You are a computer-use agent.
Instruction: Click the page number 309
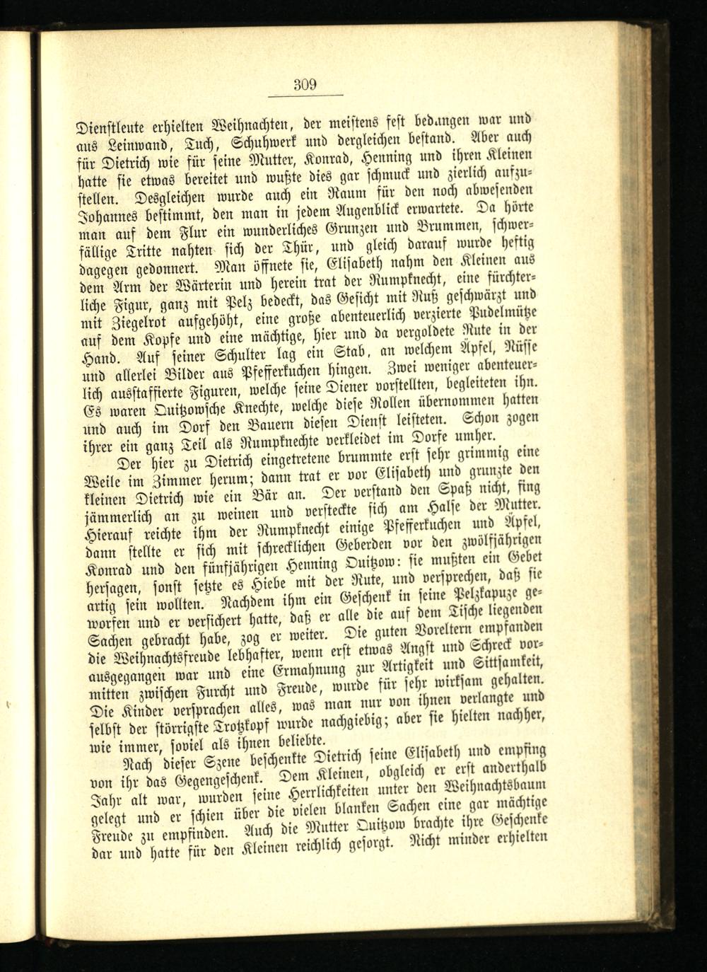tap(305, 85)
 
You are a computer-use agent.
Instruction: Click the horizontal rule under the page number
tap(305, 95)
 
